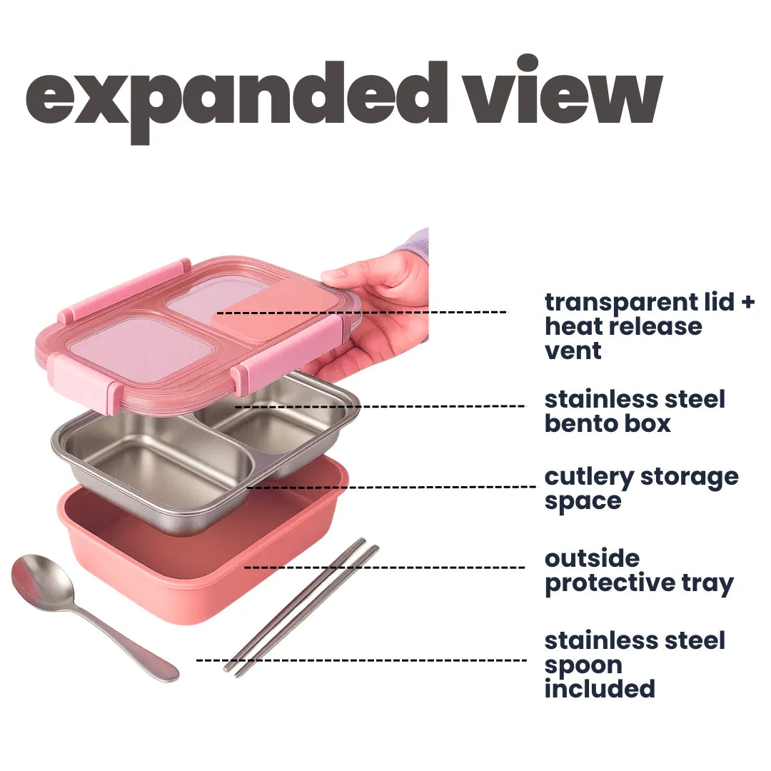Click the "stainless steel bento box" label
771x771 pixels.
point(634,411)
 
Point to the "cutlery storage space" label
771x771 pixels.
point(640,488)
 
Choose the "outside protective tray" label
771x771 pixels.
point(638,571)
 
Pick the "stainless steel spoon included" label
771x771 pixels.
point(634,665)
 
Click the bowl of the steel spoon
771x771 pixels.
point(43,582)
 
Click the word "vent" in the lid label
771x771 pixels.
point(573,351)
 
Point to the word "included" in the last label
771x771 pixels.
point(600,689)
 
